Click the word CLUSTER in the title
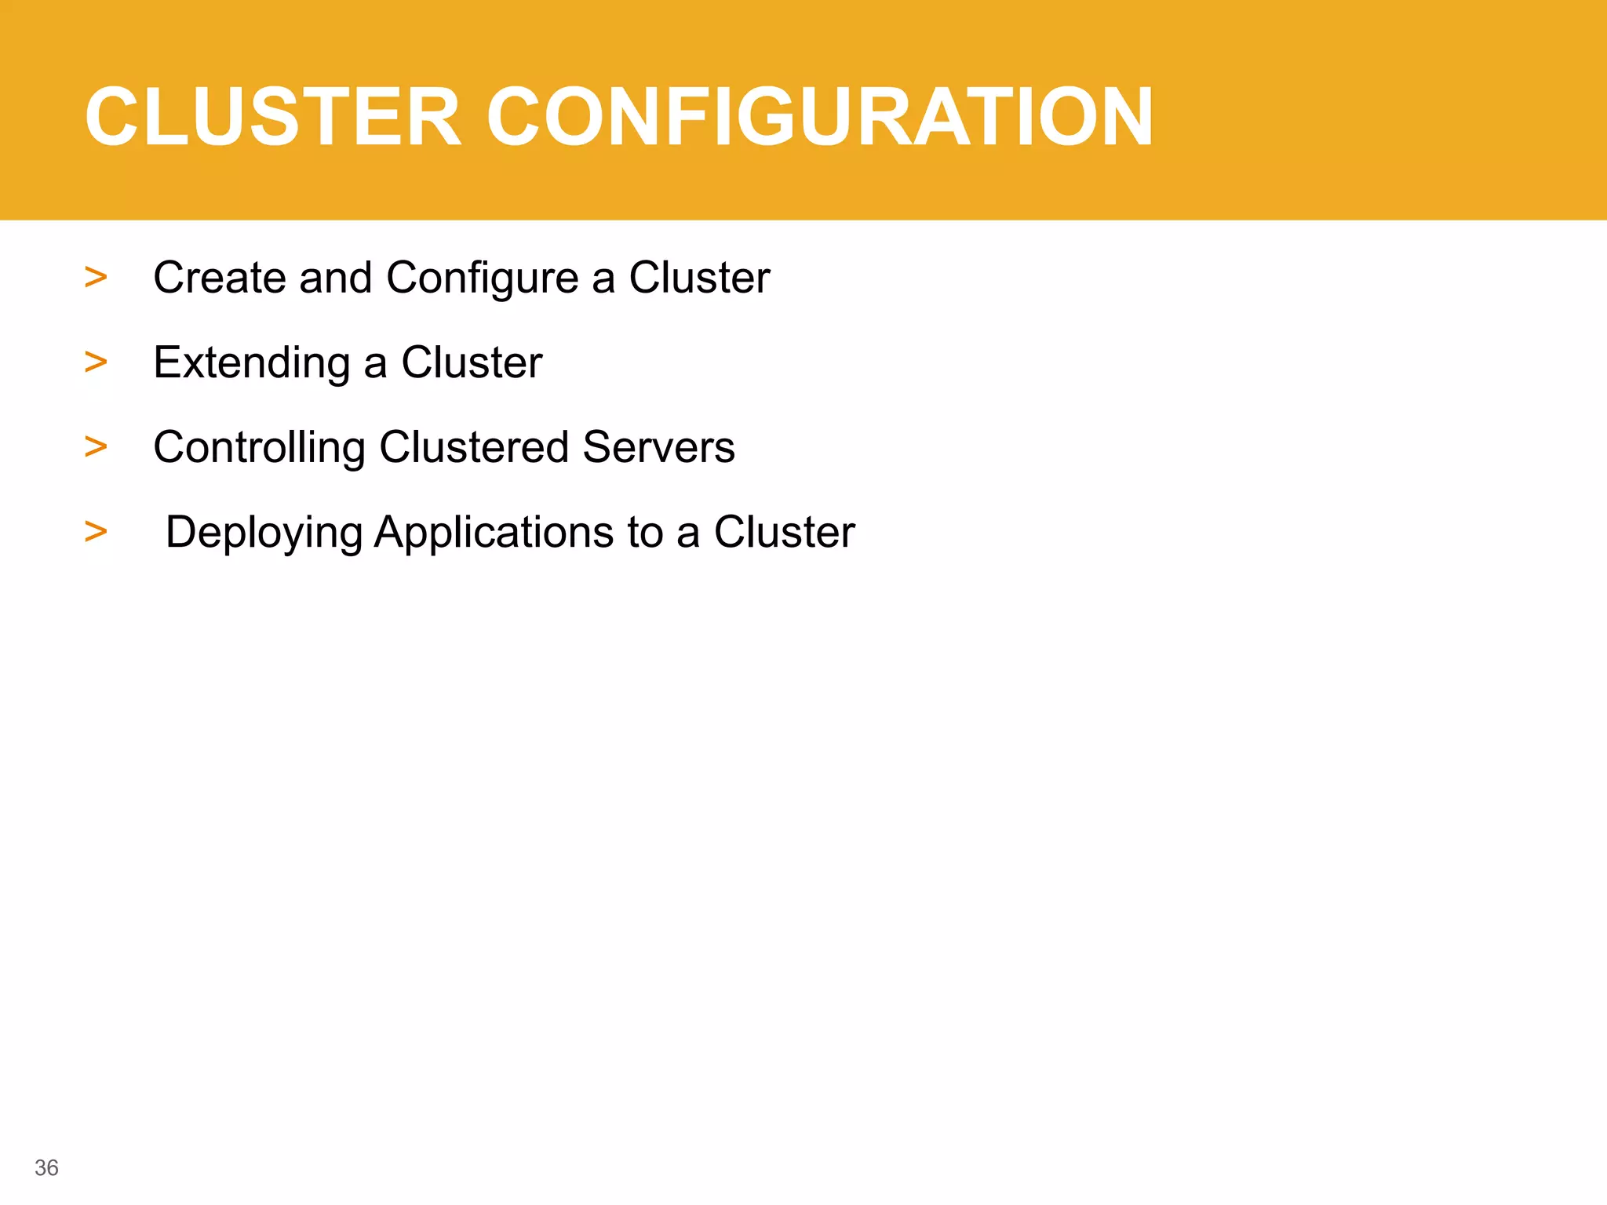coord(273,117)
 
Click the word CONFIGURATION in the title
coord(819,117)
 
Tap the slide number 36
coord(46,1168)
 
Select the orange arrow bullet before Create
coord(96,277)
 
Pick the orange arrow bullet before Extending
coord(96,362)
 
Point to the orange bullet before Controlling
coord(96,446)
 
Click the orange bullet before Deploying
coord(96,531)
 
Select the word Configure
coord(482,279)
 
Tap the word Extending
coord(251,363)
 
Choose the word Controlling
coord(259,448)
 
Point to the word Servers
coord(659,448)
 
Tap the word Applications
coord(494,533)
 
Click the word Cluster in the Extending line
coord(472,362)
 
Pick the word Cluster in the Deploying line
coord(784,532)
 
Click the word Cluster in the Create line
coord(699,278)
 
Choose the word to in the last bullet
coord(645,532)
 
